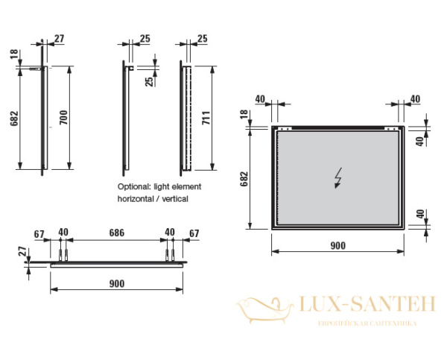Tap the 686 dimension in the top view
coord(117,233)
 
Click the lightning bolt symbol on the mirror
coord(338,179)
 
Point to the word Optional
coord(133,186)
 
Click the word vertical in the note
coord(174,199)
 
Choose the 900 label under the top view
coord(116,284)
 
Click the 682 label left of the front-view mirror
coord(247,179)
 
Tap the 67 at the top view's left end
coord(39,233)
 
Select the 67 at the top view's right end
coord(194,233)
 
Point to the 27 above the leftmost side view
coord(60,37)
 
